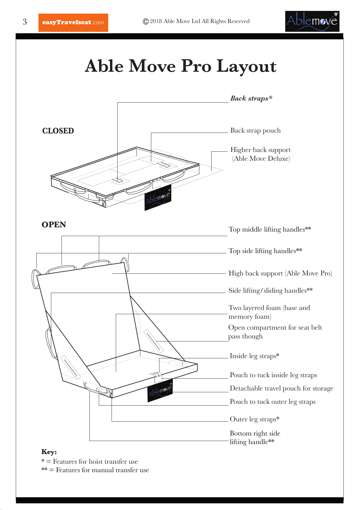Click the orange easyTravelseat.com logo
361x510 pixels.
point(73,22)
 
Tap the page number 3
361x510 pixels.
point(25,21)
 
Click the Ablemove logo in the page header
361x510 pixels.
point(312,21)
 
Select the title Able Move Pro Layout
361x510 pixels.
point(181,66)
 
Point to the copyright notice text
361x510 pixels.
point(196,21)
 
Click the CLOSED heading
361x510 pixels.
point(58,131)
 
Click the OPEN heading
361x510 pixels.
point(54,225)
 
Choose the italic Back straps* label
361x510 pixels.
point(251,98)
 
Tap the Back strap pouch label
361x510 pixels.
point(256,130)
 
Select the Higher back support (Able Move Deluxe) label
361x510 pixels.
point(260,154)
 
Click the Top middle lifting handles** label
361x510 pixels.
point(270,229)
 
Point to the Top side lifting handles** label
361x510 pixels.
point(266,251)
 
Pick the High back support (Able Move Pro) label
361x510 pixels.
point(280,273)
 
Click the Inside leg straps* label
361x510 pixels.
point(255,356)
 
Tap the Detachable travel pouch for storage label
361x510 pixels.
point(282,388)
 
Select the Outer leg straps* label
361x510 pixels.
point(255,419)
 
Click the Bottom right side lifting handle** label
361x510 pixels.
point(255,437)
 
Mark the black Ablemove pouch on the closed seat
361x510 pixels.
point(158,198)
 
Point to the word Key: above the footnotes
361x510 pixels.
point(49,452)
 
